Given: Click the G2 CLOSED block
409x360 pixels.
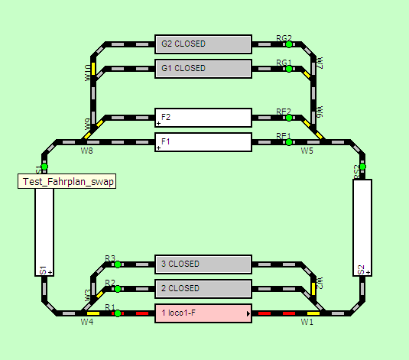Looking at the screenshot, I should pos(203,44).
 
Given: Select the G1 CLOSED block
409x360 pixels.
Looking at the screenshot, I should pos(203,69).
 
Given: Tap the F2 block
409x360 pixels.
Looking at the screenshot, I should pos(203,118).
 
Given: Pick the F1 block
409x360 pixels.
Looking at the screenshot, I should pos(203,142).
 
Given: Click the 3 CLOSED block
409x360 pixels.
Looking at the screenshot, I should pos(203,264).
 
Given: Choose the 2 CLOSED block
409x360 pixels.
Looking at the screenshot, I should pos(203,289).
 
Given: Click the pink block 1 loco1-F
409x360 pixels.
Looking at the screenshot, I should pos(203,313).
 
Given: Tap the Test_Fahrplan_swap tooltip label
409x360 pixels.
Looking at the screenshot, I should pos(67,182).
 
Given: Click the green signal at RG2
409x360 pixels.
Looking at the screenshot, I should pos(289,44).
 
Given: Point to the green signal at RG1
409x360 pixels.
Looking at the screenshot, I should pos(289,69).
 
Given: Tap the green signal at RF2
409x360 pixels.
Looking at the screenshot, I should pos(289,118).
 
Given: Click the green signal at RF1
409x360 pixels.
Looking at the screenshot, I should pos(289,142).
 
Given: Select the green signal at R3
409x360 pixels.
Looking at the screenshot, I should pos(118,264).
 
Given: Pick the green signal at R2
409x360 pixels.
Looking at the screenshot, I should pos(118,289).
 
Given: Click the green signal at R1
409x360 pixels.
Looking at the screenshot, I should pos(118,313).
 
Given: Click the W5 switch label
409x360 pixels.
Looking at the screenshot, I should pos(307,151).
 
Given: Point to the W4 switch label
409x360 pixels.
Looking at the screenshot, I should pos(87,323).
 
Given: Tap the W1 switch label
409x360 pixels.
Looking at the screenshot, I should pos(307,323).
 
